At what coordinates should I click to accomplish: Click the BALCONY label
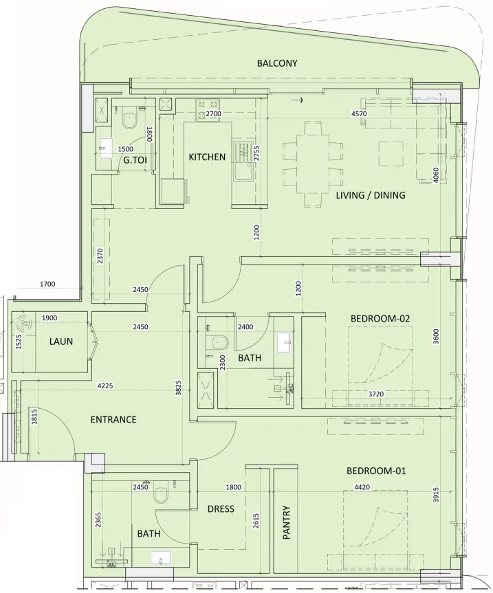click(277, 63)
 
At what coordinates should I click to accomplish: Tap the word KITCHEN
click(207, 157)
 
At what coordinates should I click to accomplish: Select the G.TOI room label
click(135, 160)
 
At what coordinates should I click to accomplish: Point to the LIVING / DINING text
click(371, 195)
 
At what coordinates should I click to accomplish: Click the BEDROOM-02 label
click(380, 318)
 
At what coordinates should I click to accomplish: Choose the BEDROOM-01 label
click(376, 471)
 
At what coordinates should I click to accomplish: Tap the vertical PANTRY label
click(287, 524)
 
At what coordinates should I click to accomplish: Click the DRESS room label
click(221, 509)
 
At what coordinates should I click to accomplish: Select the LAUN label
click(61, 341)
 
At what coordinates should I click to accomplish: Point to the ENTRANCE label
click(113, 419)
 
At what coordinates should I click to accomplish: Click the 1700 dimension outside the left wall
click(47, 284)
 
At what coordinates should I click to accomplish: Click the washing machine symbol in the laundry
click(25, 324)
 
